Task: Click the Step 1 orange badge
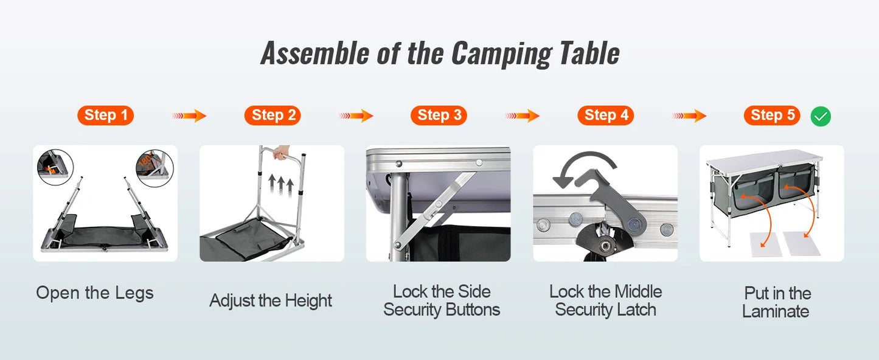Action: [105, 116]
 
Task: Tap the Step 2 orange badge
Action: [273, 116]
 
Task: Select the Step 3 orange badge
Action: [439, 116]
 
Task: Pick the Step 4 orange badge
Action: [605, 116]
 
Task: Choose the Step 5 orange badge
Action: [772, 116]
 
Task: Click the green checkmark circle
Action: [821, 116]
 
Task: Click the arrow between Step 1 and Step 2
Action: [189, 116]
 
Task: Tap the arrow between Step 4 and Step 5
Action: [689, 116]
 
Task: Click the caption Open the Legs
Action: [95, 293]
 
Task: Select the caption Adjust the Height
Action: [271, 301]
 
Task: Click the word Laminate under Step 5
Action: [776, 312]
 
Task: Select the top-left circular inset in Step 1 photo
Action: [55, 167]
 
